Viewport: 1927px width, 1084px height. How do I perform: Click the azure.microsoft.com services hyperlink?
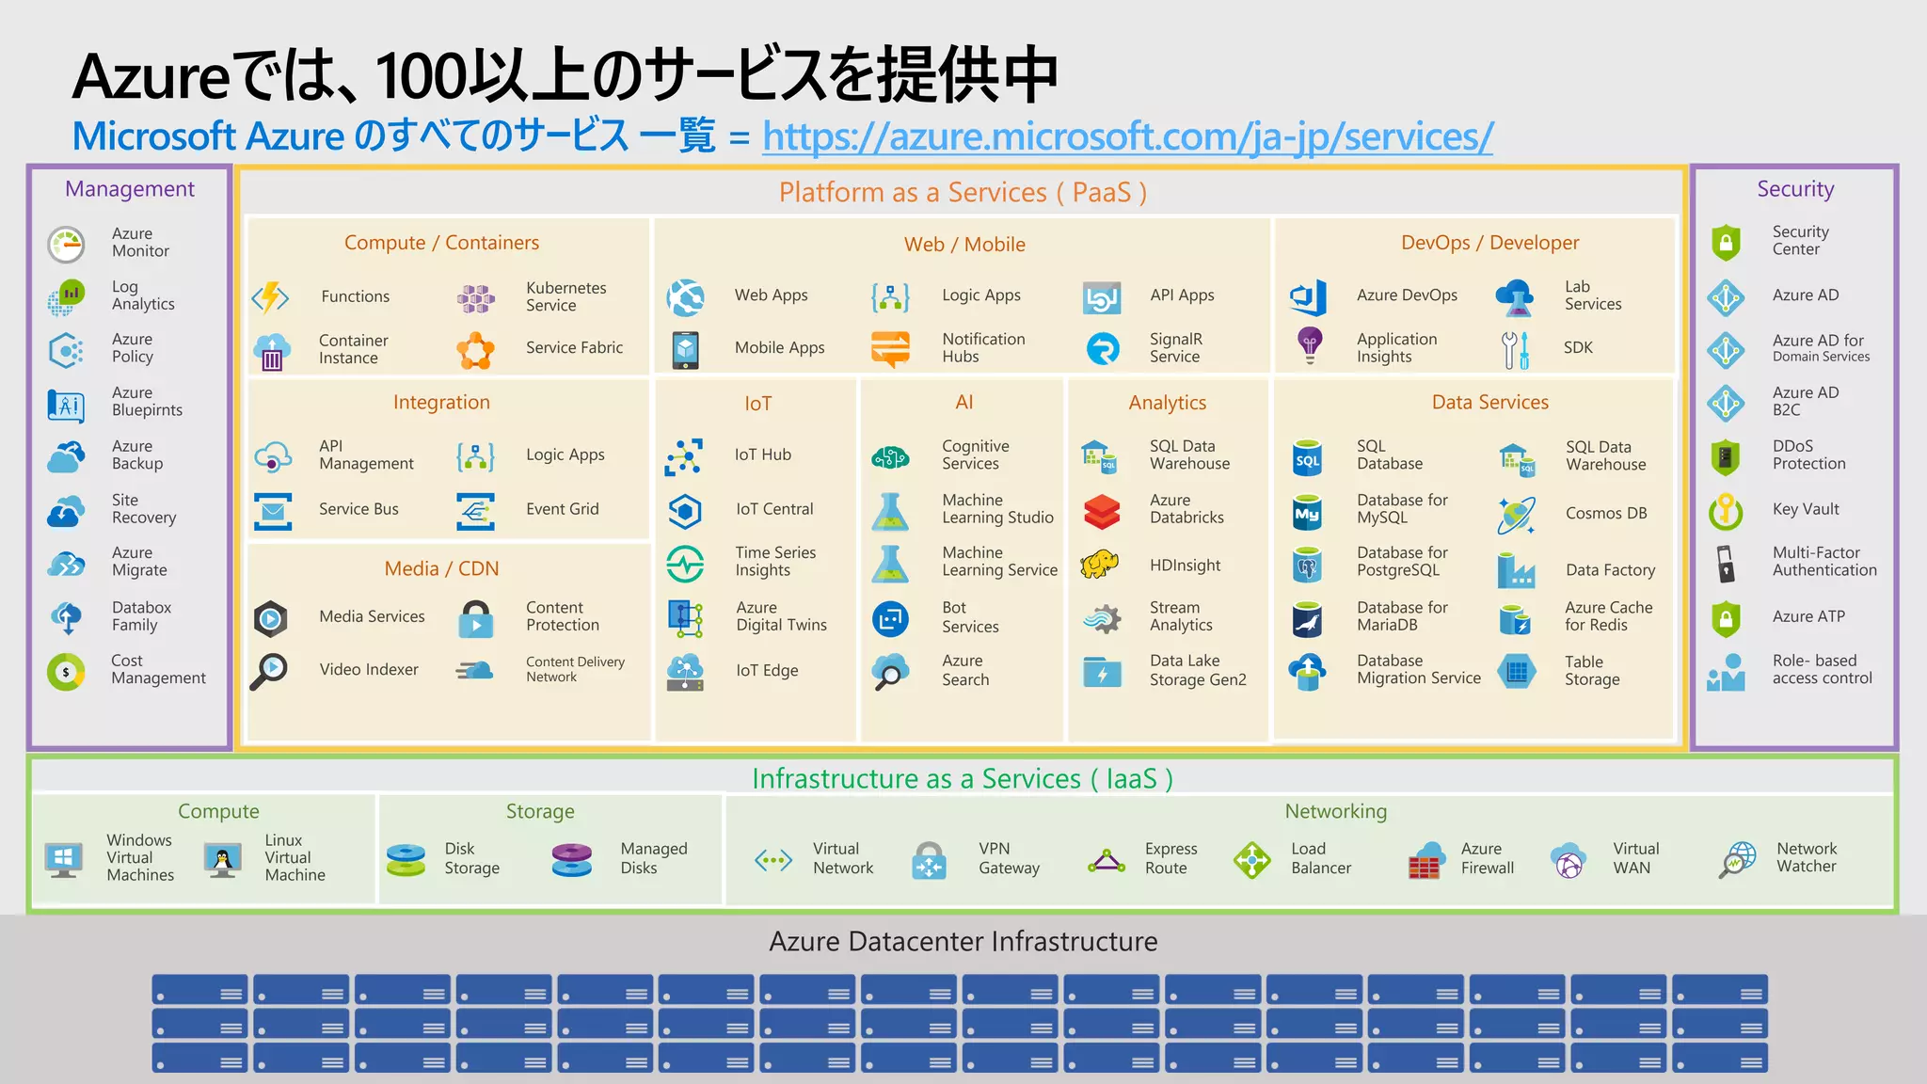1126,137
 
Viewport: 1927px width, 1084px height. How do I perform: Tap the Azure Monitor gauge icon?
67,244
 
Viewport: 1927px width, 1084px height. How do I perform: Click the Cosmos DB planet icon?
1516,514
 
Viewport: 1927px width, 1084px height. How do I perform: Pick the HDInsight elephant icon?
1100,565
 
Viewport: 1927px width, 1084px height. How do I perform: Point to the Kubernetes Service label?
565,296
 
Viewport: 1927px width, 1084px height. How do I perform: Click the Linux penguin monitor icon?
223,858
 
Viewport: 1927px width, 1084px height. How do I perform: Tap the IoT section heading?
757,404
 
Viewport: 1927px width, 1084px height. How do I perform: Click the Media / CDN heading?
441,568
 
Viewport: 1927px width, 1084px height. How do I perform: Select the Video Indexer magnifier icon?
270,671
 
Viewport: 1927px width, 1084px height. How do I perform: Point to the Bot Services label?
969,617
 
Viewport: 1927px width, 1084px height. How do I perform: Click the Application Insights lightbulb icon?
1310,345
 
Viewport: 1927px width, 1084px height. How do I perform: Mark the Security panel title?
1794,189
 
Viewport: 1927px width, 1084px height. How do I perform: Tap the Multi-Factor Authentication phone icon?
1725,563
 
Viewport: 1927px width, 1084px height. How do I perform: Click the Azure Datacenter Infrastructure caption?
963,941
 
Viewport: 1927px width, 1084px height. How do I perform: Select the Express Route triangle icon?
1107,860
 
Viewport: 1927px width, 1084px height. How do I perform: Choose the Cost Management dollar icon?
66,672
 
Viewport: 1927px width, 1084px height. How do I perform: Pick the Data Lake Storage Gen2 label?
1197,670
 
